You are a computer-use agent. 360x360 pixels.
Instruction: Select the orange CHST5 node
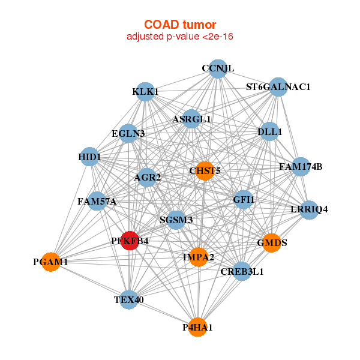point(205,171)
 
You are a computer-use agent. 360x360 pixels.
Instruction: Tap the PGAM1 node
point(51,262)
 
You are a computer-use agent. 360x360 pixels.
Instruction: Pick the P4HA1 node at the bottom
point(198,327)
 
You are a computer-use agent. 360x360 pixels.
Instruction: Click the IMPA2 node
point(199,257)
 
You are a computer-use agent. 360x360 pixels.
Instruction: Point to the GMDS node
point(272,243)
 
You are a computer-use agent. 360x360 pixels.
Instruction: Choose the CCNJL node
point(218,68)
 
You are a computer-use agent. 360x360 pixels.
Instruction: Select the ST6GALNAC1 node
point(278,87)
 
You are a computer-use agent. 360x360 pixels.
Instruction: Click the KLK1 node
point(145,92)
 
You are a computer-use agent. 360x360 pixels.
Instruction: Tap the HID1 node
point(89,157)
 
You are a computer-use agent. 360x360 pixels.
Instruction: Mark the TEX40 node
point(129,299)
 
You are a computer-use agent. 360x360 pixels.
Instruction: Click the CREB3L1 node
point(242,271)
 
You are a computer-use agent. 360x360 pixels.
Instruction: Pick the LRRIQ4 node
point(309,209)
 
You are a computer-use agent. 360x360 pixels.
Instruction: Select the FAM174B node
point(301,166)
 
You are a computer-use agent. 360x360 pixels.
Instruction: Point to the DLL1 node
point(269,131)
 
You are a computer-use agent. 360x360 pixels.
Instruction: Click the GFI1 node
point(244,199)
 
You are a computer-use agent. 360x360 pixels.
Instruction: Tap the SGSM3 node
point(176,220)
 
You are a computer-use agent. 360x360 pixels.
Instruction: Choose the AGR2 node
point(148,177)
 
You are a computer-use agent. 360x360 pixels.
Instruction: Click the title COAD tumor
point(180,25)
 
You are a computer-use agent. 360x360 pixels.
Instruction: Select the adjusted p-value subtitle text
point(180,37)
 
